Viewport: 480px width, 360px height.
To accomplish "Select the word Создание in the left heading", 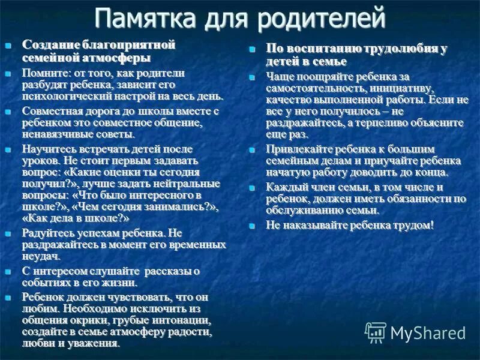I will coord(48,45).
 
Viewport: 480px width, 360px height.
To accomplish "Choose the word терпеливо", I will coord(373,122).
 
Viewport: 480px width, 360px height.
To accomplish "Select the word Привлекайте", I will coord(301,149).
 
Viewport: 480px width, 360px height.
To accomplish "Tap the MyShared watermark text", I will coord(427,331).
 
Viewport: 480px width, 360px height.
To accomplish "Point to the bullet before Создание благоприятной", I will coord(8,46).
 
